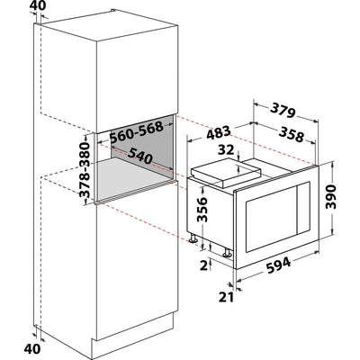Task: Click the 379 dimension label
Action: (x=283, y=111)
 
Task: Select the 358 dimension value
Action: (x=291, y=134)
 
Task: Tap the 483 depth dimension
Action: (x=219, y=132)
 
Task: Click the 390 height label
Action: (x=331, y=196)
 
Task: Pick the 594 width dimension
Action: (x=279, y=265)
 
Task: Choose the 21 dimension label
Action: (x=226, y=297)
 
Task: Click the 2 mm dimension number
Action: (x=204, y=265)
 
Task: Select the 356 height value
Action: (x=202, y=210)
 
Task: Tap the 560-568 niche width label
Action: (x=136, y=131)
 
